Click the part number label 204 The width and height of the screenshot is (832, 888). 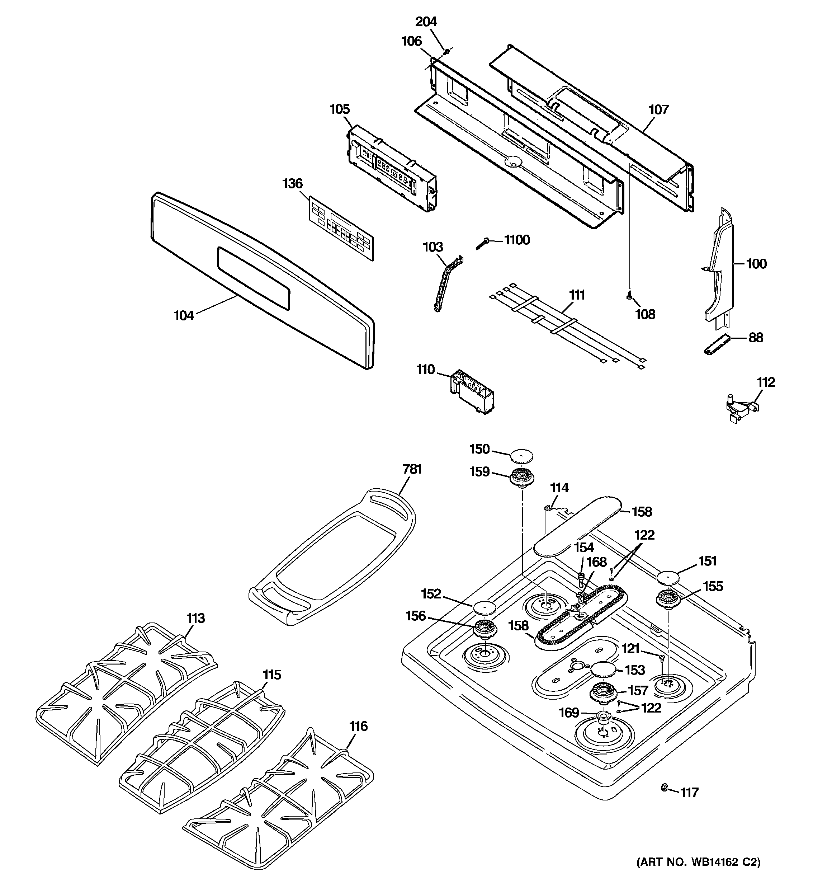(426, 22)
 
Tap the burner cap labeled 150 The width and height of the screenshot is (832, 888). (522, 456)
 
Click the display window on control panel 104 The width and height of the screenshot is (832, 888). (253, 278)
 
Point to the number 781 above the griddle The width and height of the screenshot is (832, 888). (412, 469)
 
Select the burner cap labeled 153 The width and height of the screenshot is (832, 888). (603, 670)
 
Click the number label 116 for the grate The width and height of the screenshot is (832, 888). (358, 726)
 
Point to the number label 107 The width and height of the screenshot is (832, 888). (658, 109)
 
